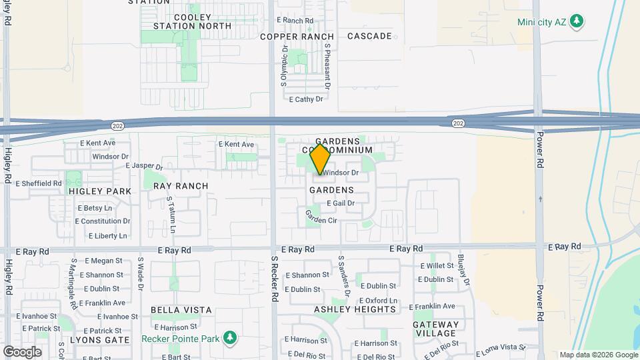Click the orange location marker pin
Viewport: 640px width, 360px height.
[x=321, y=159]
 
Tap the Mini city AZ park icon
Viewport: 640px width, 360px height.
[x=578, y=21]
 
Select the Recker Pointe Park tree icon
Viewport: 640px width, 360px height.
[x=229, y=338]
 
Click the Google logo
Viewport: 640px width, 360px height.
[x=22, y=351]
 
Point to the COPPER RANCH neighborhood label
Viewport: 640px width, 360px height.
[x=297, y=37]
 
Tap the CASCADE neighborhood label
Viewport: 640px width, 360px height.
[x=369, y=36]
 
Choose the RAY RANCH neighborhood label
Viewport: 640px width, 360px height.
[x=181, y=186]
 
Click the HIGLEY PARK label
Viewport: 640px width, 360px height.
[x=100, y=191]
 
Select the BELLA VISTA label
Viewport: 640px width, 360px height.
[x=181, y=310]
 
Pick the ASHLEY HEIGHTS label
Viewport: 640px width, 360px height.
[x=355, y=309]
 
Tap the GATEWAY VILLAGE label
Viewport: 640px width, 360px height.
[x=436, y=329]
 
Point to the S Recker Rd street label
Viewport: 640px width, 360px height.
[x=274, y=278]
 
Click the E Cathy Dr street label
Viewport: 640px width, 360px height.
[x=305, y=99]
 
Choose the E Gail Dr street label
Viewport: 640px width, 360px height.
[x=340, y=203]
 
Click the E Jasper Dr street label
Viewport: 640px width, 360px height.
[x=143, y=165]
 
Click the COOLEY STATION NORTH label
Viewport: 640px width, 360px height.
[x=191, y=21]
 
